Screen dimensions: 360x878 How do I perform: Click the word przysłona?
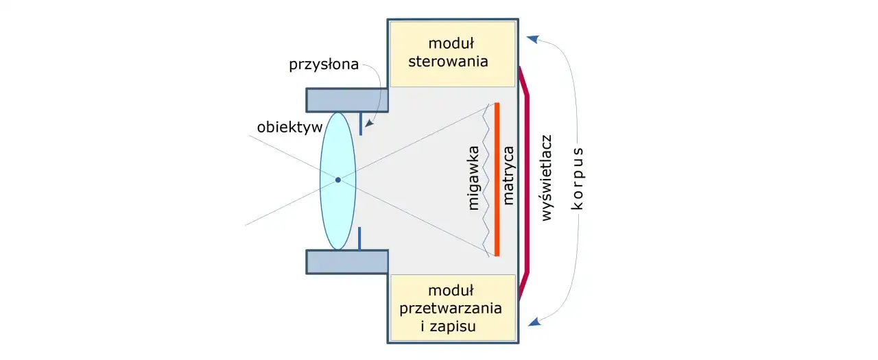tap(324, 65)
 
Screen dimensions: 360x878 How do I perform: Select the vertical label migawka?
tap(473, 180)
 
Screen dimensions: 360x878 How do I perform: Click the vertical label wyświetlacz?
tap(547, 178)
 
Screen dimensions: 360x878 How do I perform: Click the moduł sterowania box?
tap(451, 53)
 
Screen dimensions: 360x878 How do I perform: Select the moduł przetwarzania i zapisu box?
tap(451, 308)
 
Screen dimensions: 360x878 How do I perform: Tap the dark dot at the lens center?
tap(337, 180)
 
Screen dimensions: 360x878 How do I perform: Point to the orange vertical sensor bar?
tap(497, 179)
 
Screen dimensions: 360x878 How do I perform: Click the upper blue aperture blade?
tap(359, 124)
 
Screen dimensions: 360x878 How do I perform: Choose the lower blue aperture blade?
tap(359, 238)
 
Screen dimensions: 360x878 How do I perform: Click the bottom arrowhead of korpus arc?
tap(532, 320)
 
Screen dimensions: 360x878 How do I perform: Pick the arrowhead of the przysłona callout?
tap(369, 124)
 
